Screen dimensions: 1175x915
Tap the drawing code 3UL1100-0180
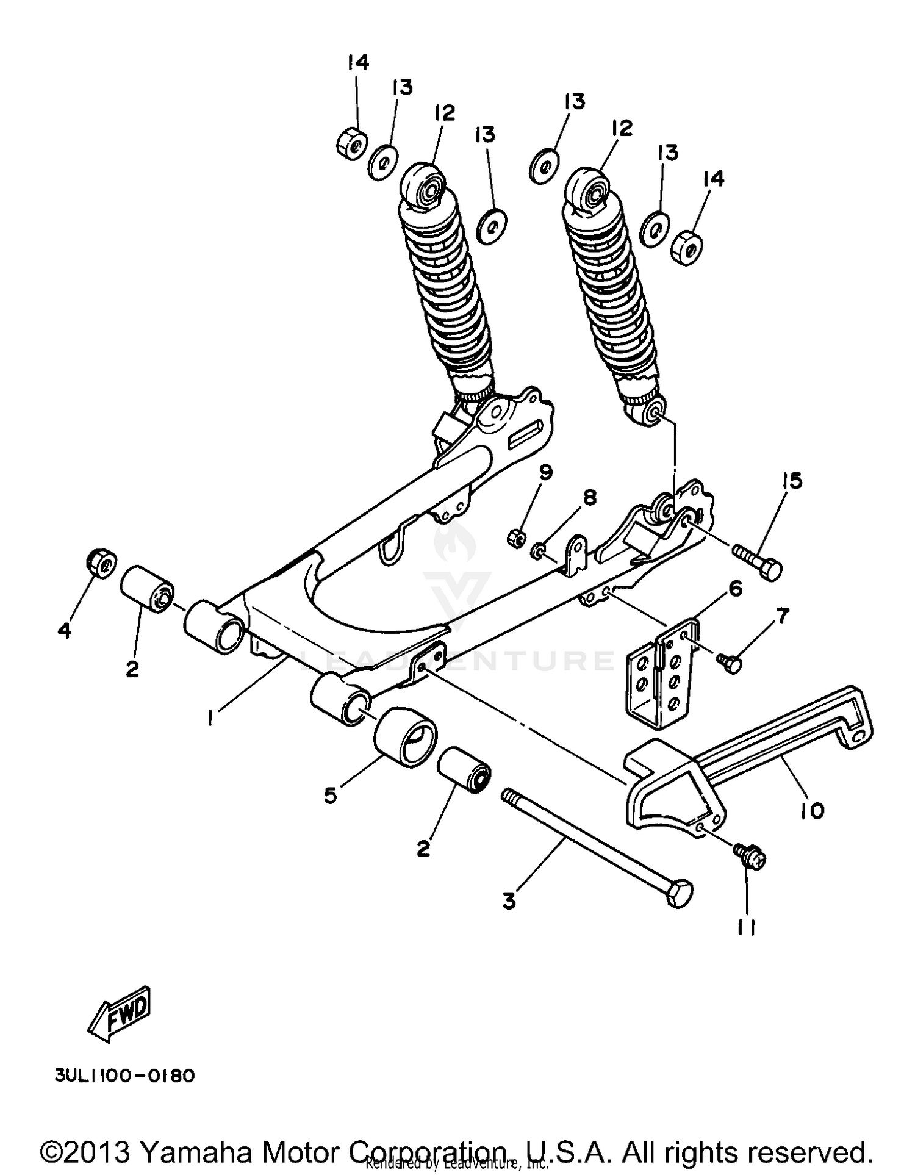[x=124, y=1075]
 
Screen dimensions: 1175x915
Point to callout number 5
[x=330, y=795]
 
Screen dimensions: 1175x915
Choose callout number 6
[x=735, y=589]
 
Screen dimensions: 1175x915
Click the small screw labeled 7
[x=730, y=661]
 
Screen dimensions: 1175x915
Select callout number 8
[x=589, y=498]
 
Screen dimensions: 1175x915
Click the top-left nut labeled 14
[x=351, y=142]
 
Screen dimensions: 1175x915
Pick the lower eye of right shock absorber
[x=653, y=412]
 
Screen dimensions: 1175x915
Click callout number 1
[x=210, y=720]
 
